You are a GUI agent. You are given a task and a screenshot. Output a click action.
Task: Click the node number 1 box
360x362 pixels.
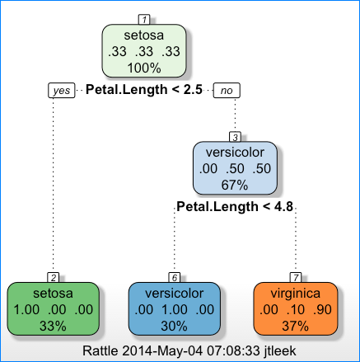click(144, 20)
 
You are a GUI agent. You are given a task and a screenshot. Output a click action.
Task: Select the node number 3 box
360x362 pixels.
click(235, 137)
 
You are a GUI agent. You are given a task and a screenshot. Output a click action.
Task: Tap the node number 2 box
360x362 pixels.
click(54, 278)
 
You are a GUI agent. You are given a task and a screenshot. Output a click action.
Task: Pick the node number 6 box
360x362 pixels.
click(175, 278)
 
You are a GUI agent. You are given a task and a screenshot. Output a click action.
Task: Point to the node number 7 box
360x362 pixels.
click(296, 278)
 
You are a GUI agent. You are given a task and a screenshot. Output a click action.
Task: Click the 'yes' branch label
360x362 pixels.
click(62, 91)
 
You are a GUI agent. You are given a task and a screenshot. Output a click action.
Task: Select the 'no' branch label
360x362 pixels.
click(227, 91)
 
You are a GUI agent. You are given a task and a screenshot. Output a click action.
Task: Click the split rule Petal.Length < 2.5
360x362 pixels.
click(144, 90)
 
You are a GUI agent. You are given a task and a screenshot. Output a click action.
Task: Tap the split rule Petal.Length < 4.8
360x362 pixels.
click(235, 207)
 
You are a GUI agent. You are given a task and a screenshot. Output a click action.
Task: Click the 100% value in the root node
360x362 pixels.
click(144, 68)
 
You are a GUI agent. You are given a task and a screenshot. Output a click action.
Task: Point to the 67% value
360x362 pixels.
click(235, 185)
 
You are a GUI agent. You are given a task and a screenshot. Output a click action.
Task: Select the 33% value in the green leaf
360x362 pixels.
click(54, 327)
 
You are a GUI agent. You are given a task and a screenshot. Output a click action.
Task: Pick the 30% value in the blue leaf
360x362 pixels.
click(175, 327)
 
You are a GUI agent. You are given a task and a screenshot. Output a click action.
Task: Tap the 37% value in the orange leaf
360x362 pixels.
click(296, 327)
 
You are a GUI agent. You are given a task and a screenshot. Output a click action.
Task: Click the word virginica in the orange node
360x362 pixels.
click(296, 294)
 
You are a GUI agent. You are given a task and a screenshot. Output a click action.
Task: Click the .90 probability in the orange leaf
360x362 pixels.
click(322, 310)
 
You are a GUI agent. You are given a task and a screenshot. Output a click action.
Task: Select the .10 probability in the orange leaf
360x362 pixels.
click(296, 310)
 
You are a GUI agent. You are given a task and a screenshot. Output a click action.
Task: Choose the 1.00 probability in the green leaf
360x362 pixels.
click(26, 310)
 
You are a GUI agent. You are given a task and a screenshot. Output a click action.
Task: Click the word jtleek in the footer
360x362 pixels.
click(280, 351)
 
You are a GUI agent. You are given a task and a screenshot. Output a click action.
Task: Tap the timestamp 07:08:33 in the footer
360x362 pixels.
click(233, 351)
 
